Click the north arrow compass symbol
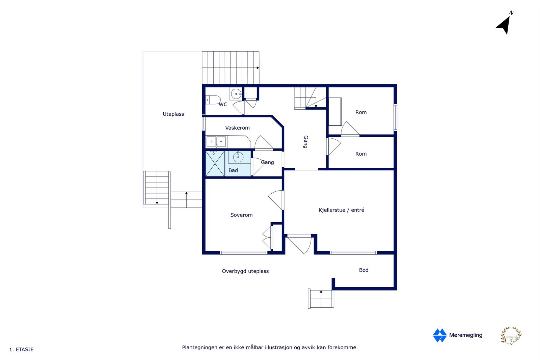pos(504,24)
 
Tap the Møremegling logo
pos(457,335)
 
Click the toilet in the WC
pos(213,100)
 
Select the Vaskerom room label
pos(237,128)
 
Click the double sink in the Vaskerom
pos(216,141)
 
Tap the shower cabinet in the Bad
pos(215,164)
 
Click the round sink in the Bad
pos(238,157)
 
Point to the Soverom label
pos(241,215)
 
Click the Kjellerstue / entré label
pos(341,210)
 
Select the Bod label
pos(363,270)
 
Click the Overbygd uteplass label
pos(245,271)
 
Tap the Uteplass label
pos(173,114)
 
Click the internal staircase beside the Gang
pos(310,98)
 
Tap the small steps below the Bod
pos(321,299)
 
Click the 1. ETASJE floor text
pos(22,350)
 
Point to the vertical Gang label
pos(306,142)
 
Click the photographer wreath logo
pos(511,336)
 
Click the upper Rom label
pos(361,112)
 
